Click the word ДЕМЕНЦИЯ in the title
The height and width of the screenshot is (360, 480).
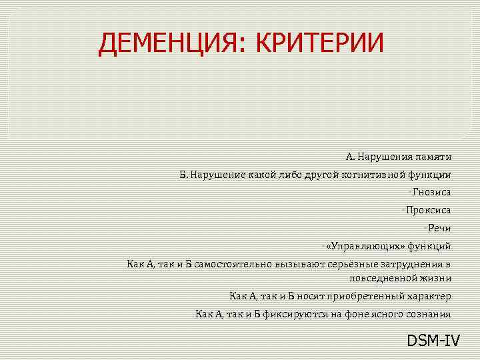pyautogui.click(x=167, y=44)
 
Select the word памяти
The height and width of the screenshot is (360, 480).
pyautogui.click(x=432, y=157)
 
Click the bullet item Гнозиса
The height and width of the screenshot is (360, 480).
pyautogui.click(x=431, y=193)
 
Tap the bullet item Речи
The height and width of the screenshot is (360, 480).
pyautogui.click(x=439, y=228)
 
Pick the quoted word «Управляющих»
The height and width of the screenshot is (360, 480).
pyautogui.click(x=365, y=245)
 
